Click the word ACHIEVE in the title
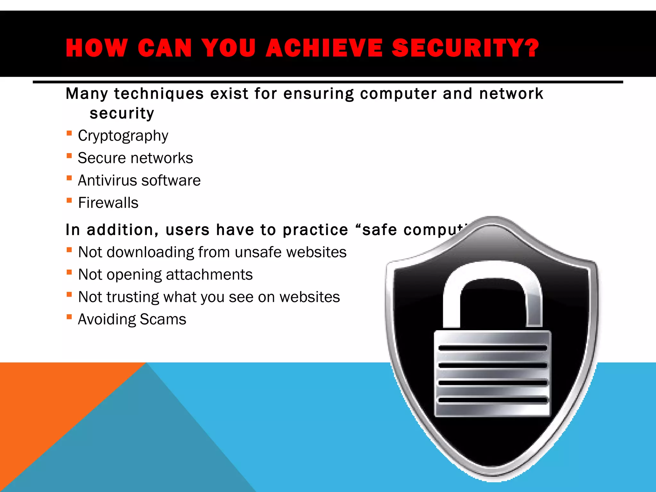[324, 48]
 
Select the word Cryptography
[123, 136]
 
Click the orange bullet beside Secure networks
[69, 156]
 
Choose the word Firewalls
[108, 203]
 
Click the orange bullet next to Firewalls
[69, 201]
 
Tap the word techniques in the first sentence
[159, 94]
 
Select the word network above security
[511, 94]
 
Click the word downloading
[150, 252]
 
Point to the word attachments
[209, 275]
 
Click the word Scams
[163, 319]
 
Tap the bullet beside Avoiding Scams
[69, 317]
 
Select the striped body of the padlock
[492, 373]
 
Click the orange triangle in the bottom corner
[48, 400]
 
